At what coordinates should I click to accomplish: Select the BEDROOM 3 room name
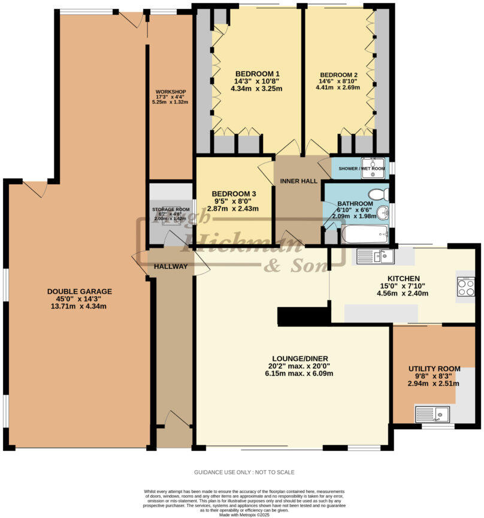point(234,194)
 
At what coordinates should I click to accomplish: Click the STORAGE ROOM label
point(171,210)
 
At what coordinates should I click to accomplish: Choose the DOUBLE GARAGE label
point(80,291)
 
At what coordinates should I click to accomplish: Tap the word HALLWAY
point(171,266)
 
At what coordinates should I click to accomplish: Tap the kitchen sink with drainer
point(374,257)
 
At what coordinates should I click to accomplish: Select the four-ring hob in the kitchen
point(465,286)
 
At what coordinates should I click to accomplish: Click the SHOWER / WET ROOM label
point(361,168)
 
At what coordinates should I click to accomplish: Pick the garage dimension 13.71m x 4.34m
point(80,307)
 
